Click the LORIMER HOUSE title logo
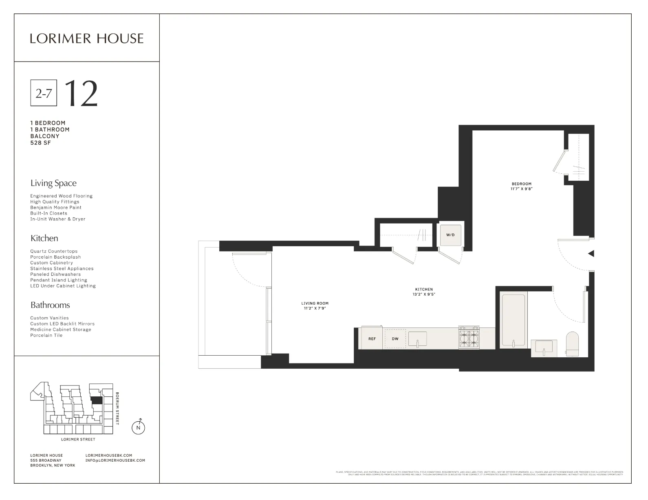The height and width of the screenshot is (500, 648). [86, 39]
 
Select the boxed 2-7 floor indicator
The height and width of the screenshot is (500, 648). [44, 93]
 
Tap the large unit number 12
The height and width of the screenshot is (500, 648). [81, 93]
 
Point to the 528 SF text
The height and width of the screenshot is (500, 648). [40, 143]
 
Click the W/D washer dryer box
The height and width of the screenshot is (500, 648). [450, 235]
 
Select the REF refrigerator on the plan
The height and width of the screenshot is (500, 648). [372, 338]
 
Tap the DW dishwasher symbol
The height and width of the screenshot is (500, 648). [395, 338]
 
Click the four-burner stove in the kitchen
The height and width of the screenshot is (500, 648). [469, 338]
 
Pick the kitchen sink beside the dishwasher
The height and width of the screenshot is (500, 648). [417, 339]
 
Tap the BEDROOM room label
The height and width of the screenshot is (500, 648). [521, 184]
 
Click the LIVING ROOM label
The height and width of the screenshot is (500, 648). [315, 303]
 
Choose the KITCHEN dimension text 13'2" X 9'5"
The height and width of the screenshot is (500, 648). [424, 294]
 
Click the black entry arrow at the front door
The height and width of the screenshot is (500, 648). [591, 254]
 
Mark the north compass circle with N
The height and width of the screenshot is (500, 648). [139, 427]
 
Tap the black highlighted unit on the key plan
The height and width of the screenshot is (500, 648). [96, 400]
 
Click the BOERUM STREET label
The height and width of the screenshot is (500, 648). [117, 408]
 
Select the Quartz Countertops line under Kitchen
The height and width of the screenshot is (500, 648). [54, 251]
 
